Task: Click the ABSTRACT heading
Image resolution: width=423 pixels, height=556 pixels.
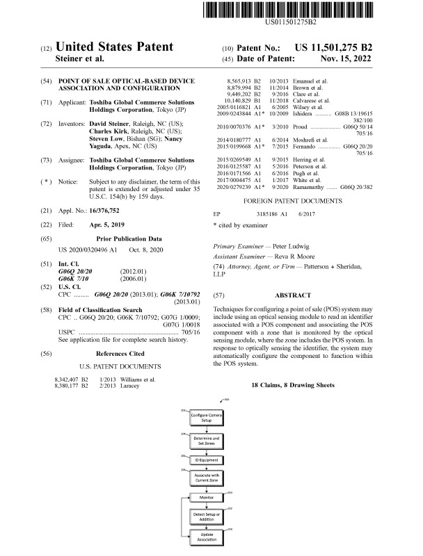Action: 292,295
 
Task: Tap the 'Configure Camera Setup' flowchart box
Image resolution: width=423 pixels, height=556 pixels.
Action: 207,418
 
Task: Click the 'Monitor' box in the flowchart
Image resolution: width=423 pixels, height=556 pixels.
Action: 207,497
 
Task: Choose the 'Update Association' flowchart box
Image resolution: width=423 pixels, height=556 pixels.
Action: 207,537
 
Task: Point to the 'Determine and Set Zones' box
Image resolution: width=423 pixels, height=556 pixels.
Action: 207,439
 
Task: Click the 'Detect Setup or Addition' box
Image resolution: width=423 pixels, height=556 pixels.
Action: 207,516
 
